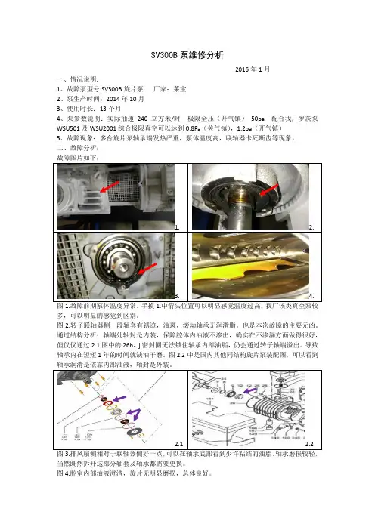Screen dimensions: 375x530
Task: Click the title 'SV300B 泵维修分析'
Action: tap(187, 55)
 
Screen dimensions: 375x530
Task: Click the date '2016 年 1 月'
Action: tap(253, 69)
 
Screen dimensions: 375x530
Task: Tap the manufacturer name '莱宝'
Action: tap(180, 89)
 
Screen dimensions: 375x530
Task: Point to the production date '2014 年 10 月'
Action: tap(126, 99)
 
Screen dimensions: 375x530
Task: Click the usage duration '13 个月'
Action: tap(110, 109)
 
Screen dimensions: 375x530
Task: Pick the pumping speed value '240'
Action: tap(142, 119)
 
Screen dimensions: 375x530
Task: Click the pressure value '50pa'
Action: tap(258, 119)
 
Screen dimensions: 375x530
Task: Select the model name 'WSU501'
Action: tap(68, 128)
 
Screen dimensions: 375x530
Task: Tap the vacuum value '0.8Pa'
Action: tap(194, 128)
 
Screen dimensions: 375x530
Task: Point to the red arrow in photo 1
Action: tap(110, 187)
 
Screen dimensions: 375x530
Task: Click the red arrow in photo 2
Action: tap(269, 190)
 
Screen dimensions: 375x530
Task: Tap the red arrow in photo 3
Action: tap(147, 268)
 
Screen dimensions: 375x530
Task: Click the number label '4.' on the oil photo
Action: tap(311, 296)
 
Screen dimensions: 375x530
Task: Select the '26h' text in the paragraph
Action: tap(129, 346)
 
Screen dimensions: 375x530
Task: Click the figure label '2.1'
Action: tap(178, 444)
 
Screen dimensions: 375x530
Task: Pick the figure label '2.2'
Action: tap(309, 444)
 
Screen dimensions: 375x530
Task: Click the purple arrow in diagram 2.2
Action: tap(250, 391)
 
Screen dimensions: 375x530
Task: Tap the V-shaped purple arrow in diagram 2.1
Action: tap(135, 414)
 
